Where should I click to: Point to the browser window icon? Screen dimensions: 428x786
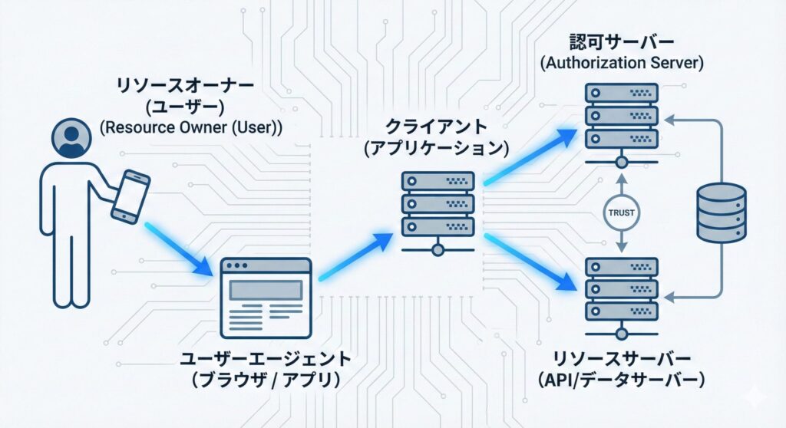266,298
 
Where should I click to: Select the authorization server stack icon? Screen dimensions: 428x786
621,115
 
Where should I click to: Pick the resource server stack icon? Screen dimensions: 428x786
621,289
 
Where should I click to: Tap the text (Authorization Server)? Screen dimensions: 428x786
622,63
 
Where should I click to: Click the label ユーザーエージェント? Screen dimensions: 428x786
266,358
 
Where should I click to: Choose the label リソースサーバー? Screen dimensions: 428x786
622,357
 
